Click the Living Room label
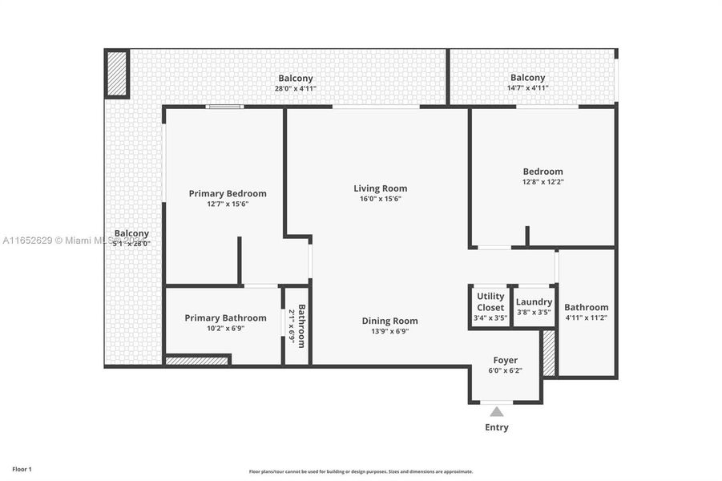(x=380, y=188)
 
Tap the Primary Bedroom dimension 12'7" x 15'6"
(x=228, y=204)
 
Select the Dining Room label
(x=389, y=321)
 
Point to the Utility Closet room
(x=490, y=306)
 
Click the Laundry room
(x=534, y=306)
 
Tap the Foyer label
(x=505, y=360)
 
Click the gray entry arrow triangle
(x=497, y=412)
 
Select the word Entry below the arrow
(x=497, y=427)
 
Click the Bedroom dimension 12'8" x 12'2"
(x=543, y=182)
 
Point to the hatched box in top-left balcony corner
(x=117, y=74)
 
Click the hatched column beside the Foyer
(x=549, y=353)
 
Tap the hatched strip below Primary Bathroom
(x=197, y=361)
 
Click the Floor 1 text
(x=22, y=468)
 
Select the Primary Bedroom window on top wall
(x=224, y=107)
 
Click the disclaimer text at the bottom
(x=361, y=471)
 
